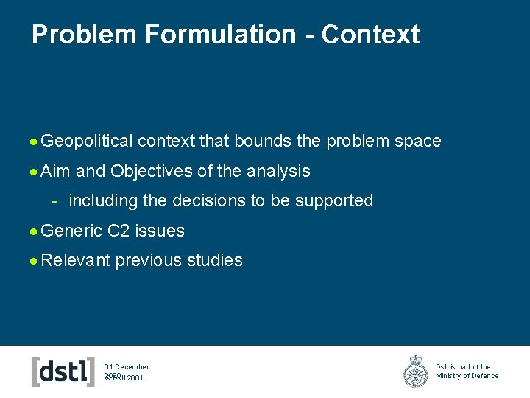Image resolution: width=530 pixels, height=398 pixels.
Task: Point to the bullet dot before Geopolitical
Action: point(35,142)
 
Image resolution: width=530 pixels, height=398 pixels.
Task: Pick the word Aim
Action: point(56,171)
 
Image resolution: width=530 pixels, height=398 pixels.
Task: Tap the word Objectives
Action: point(152,171)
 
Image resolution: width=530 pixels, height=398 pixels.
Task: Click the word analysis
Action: point(278,171)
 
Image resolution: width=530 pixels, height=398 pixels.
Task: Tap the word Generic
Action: point(72,231)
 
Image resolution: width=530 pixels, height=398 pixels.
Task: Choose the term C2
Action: point(119,231)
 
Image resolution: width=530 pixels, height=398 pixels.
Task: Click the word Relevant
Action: point(76,260)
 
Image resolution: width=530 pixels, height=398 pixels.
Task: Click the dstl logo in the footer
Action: point(63,371)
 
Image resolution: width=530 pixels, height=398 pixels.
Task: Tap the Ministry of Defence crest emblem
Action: point(415,371)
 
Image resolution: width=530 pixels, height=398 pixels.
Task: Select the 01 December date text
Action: point(127,366)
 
